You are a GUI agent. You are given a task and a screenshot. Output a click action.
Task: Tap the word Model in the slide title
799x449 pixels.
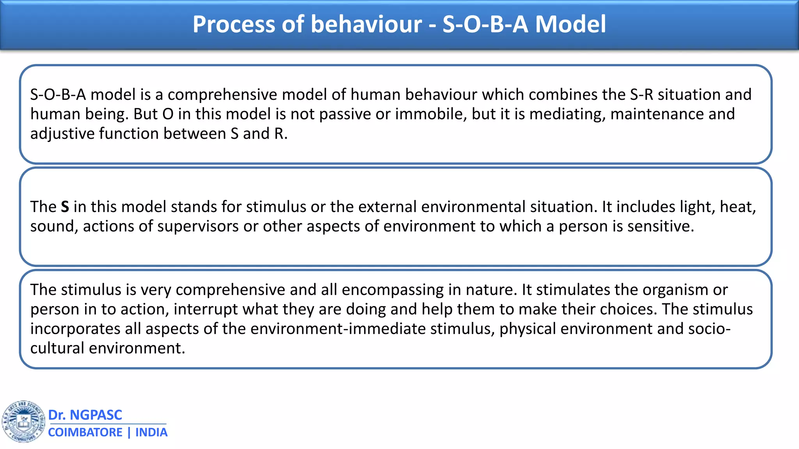570,24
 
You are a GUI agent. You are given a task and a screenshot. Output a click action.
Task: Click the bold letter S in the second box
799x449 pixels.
65,207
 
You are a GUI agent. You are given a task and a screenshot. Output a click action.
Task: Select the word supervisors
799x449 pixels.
198,226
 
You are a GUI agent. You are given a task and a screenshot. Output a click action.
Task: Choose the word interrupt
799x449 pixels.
206,309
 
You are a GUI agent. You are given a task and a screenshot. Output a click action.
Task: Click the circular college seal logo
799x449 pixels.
23,421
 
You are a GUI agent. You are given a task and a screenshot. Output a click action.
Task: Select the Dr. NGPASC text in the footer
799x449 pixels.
85,415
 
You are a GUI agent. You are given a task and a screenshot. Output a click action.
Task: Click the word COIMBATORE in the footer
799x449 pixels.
85,433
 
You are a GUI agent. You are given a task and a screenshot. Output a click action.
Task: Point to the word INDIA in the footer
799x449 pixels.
151,433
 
